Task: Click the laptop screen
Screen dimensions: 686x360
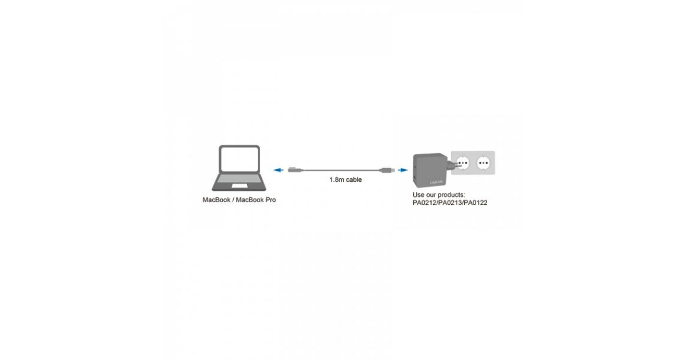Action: tap(240, 159)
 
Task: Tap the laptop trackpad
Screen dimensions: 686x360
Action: tap(240, 186)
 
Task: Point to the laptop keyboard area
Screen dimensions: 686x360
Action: tap(239, 178)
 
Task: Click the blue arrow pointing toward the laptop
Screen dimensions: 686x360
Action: tap(278, 170)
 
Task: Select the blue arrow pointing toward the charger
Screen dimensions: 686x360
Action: tap(403, 170)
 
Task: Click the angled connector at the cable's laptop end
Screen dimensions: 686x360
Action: tap(295, 170)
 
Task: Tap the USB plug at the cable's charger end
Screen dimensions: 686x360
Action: tap(387, 170)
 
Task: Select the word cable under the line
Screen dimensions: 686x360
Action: tap(354, 179)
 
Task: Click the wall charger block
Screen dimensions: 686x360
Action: tap(430, 170)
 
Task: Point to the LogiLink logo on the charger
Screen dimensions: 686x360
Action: tap(436, 182)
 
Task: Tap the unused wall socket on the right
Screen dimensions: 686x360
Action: tap(483, 163)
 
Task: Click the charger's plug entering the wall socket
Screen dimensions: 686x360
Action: tap(453, 165)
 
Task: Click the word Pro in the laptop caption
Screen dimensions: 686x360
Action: tap(271, 200)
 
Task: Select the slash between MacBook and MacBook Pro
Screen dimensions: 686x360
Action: tap(233, 200)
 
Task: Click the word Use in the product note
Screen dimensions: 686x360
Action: tap(418, 195)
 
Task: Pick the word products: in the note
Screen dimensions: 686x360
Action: tap(452, 195)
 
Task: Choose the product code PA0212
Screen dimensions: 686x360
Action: tap(424, 203)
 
